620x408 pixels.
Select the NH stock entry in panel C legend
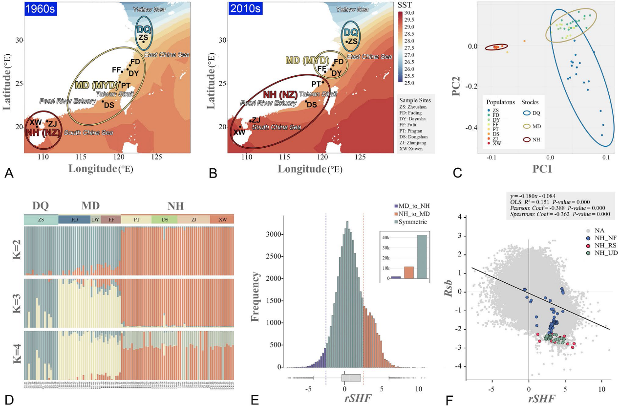point(535,139)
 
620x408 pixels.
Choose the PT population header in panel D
point(136,220)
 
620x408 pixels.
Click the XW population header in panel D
point(222,220)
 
